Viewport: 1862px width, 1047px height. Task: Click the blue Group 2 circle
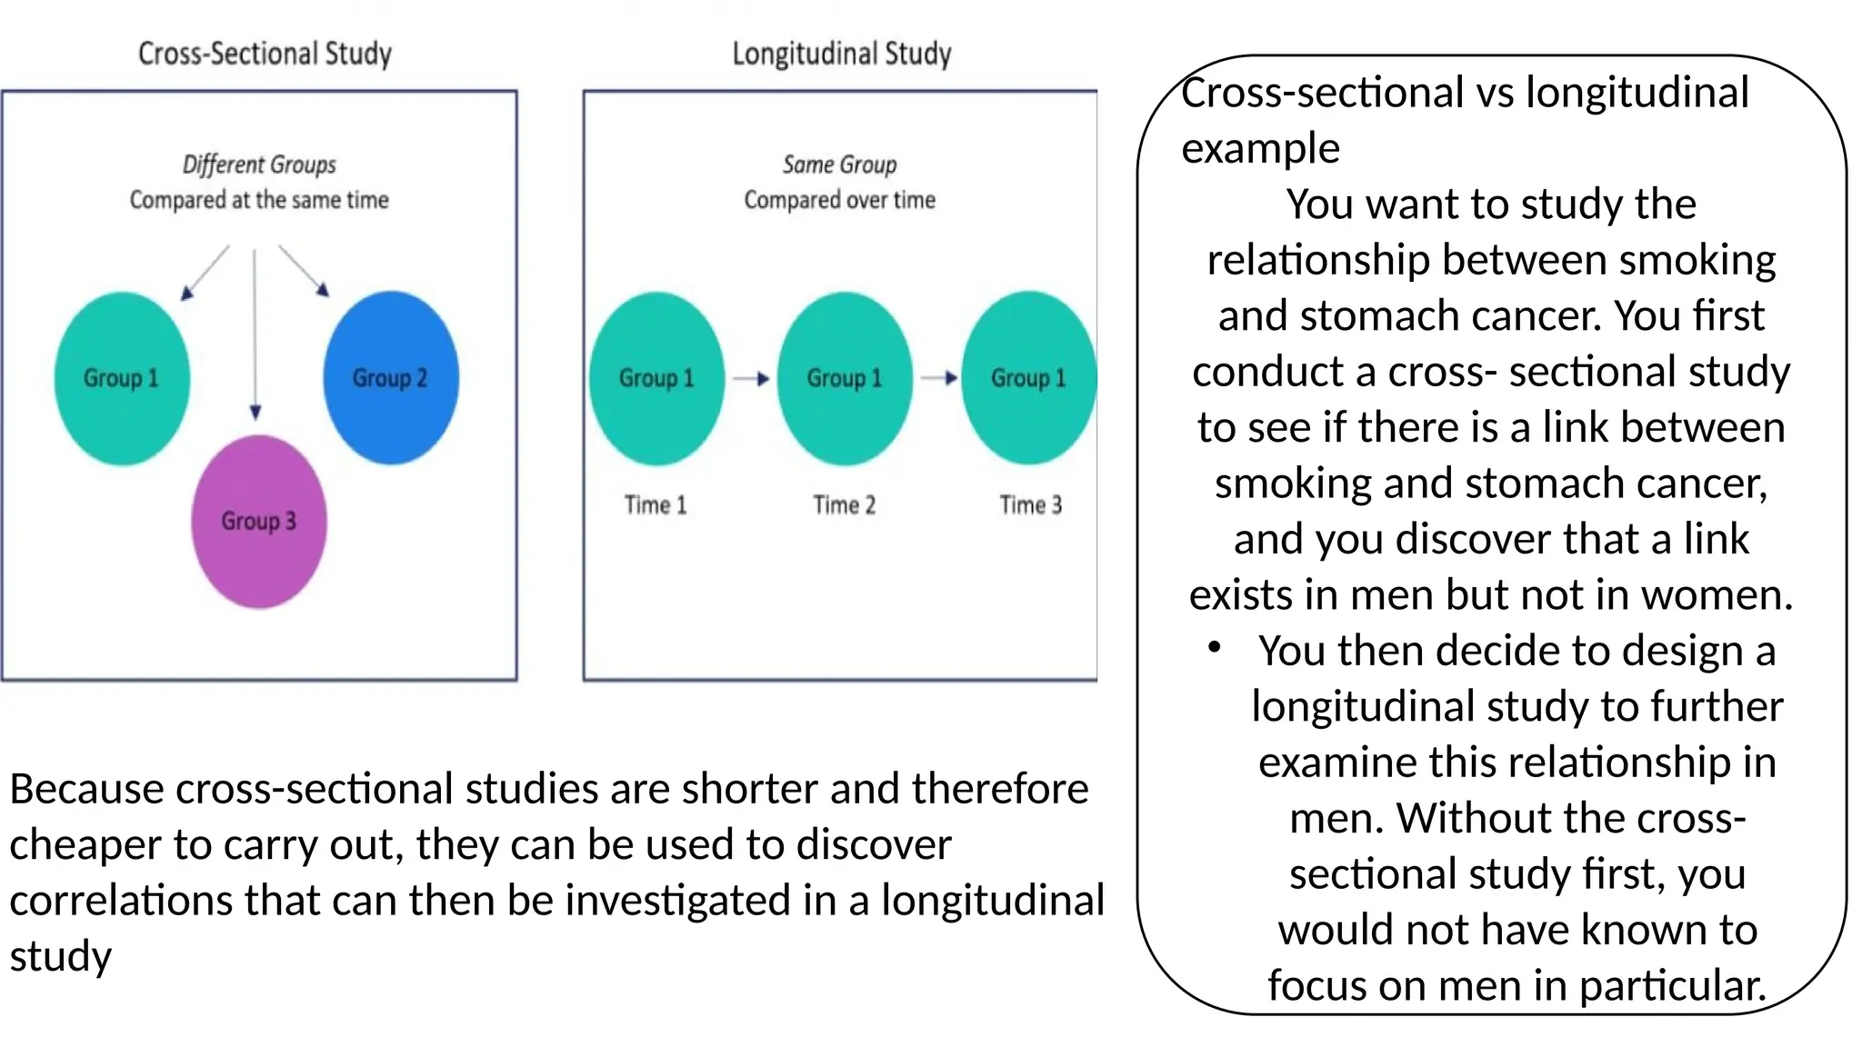pos(391,378)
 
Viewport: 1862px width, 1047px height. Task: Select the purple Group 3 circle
pos(259,522)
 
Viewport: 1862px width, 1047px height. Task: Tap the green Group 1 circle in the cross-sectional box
pos(122,378)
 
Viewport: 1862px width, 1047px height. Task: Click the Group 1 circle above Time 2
pos(845,378)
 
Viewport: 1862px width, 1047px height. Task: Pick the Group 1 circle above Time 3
pos(1028,378)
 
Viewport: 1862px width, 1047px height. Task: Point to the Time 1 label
pos(656,504)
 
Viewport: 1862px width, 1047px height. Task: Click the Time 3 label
pos(1030,504)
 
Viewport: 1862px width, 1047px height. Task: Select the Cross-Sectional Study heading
pos(265,54)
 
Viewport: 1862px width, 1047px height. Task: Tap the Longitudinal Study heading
pos(842,54)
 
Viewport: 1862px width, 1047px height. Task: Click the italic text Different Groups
pos(259,165)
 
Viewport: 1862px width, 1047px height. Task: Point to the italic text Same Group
pos(839,165)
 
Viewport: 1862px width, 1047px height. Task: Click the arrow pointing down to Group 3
pos(255,336)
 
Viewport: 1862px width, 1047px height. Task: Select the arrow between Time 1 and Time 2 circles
pos(751,378)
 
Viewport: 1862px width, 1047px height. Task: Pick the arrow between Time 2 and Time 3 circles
pos(938,378)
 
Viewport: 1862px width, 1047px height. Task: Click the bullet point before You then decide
pos(1214,647)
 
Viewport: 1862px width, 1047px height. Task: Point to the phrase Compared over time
pos(839,200)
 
